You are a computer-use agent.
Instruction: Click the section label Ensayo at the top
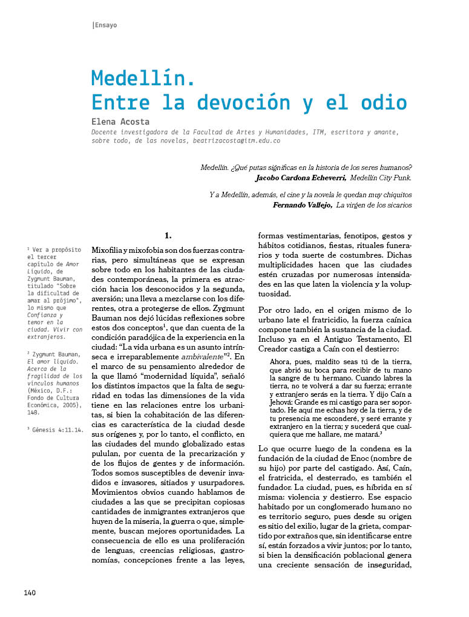tap(106, 25)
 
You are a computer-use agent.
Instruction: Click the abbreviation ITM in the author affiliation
tap(322, 131)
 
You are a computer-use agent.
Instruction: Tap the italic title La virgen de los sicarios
tap(374, 205)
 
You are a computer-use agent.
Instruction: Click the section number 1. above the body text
tap(168, 235)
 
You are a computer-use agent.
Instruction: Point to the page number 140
tap(30, 592)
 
